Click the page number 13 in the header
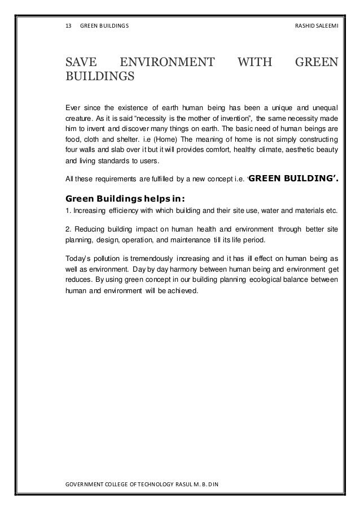(69, 26)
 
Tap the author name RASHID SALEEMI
(315, 26)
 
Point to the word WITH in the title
(255, 59)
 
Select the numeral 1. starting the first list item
(68, 211)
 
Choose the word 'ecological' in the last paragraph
(256, 281)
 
